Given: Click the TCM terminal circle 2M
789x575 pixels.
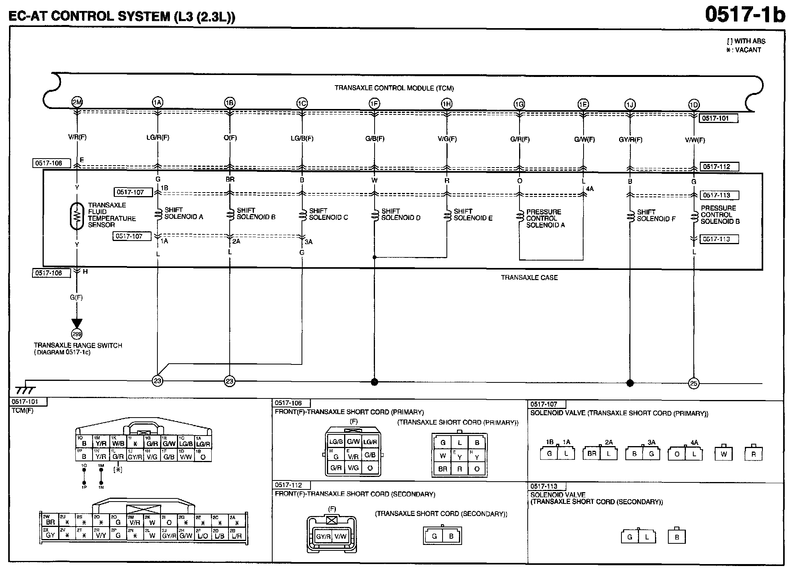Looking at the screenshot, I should point(77,102).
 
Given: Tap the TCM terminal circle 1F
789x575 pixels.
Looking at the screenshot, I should point(374,104).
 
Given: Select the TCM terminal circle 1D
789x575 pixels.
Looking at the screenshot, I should point(694,105).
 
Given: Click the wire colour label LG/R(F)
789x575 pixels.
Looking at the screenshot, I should point(158,137).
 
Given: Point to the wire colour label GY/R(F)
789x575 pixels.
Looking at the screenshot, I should point(630,139).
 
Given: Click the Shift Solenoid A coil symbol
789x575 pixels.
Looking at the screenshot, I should point(158,214).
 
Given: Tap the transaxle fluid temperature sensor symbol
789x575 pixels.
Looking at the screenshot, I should point(77,216).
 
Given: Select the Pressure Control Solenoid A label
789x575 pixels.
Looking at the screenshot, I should point(545,218).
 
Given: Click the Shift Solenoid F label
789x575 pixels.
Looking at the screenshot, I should point(656,215).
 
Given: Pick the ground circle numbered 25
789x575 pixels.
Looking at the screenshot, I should point(694,384).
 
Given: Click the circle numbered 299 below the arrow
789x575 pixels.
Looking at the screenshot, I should point(77,334).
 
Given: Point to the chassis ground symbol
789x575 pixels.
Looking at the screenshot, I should point(25,390).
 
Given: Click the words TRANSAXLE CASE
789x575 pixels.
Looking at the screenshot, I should point(529,278).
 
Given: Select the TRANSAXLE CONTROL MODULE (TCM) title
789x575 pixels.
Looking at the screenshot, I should point(394,88).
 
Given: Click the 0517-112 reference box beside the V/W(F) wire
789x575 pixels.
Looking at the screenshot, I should point(719,167).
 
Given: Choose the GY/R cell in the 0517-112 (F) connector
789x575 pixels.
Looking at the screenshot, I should point(323,536).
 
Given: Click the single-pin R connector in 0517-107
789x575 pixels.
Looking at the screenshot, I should point(753,454).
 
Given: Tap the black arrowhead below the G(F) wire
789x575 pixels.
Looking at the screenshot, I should point(77,323).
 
